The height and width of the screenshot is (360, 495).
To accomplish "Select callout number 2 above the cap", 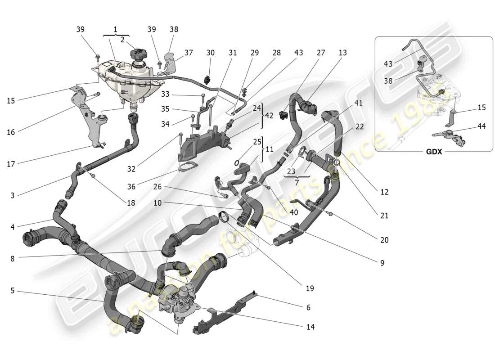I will point(122,39).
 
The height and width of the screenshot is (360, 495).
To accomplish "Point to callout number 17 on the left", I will point(11,164).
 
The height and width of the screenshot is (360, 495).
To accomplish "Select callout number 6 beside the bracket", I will point(308,308).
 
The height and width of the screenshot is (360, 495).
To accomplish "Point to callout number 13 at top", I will point(343,53).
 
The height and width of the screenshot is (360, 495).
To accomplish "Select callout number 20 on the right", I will point(384,240).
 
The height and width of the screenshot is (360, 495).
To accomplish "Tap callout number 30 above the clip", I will point(211,53).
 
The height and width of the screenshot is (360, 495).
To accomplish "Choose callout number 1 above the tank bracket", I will point(115,29).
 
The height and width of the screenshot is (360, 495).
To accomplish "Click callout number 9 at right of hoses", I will point(382,263).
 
